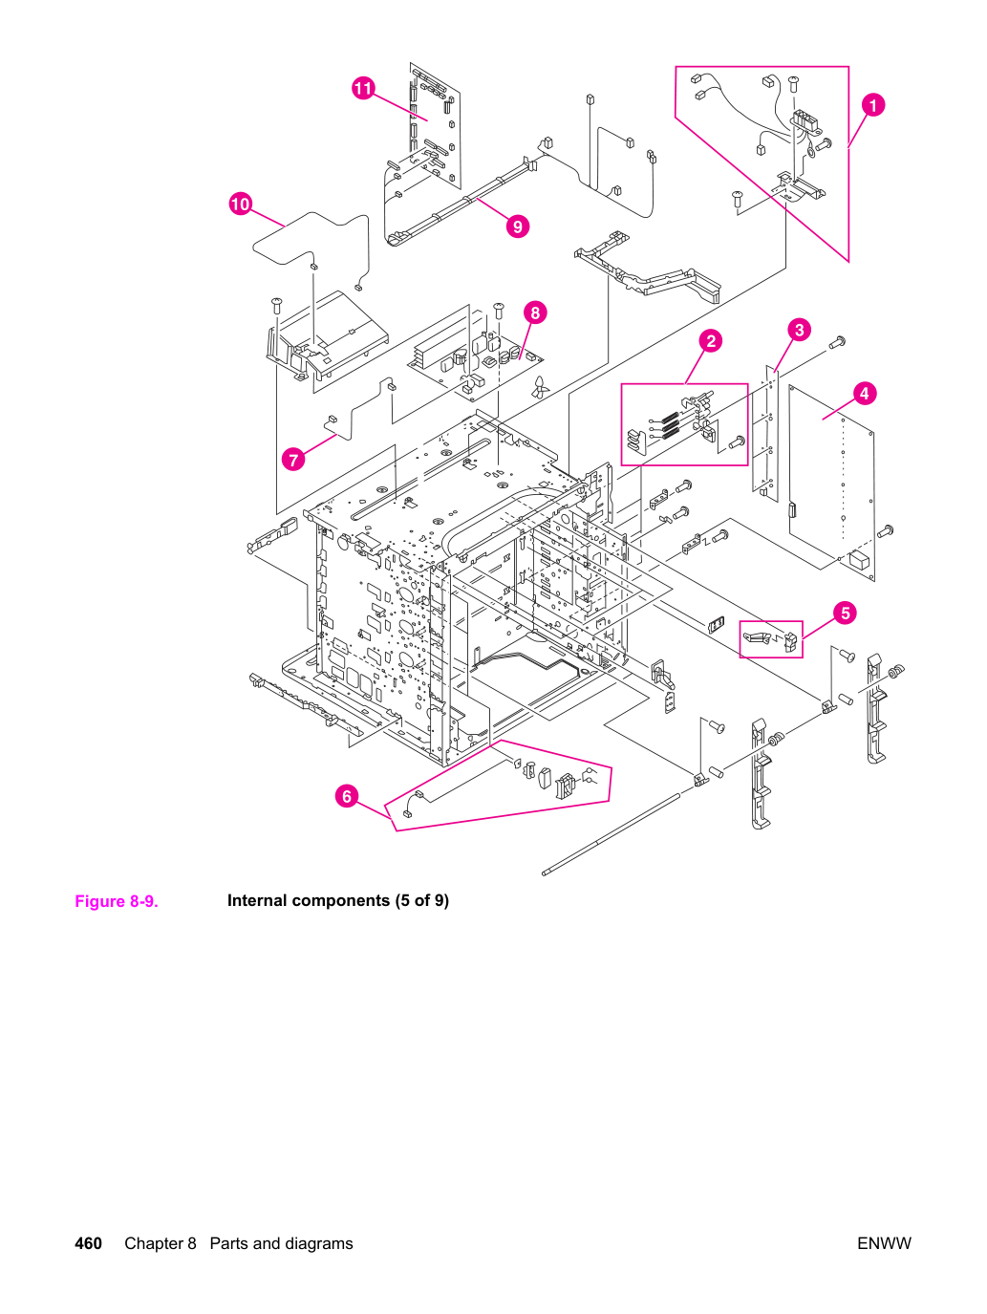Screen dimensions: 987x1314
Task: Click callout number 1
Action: coord(872,105)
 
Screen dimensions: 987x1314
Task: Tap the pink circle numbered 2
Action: coord(711,341)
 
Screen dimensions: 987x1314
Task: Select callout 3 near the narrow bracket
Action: coord(799,330)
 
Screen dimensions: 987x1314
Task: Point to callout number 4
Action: coord(864,394)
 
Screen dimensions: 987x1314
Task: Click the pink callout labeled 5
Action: coord(846,613)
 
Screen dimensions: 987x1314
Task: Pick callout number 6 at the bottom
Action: coord(347,796)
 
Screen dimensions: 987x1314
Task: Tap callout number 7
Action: coord(293,459)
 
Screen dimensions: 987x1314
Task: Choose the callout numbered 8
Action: coord(535,312)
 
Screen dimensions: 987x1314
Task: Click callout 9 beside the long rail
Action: coord(518,226)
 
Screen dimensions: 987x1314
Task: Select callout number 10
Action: coord(241,205)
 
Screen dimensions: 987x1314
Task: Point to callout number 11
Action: coord(363,89)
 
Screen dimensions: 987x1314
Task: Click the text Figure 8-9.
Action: coord(117,901)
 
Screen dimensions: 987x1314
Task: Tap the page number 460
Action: coord(88,1243)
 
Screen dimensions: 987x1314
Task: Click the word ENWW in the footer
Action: coord(884,1243)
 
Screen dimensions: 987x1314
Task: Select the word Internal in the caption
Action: coord(257,900)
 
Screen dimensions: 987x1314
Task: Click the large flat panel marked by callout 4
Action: coord(831,482)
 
